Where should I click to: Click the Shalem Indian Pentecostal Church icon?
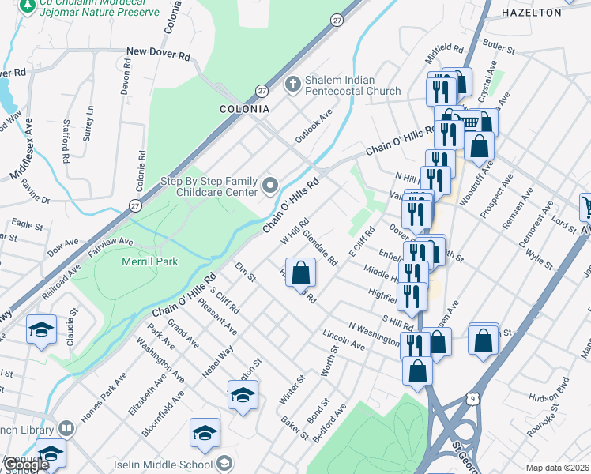[292, 83]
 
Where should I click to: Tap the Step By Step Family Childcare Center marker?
[271, 186]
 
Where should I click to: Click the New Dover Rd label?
[159, 57]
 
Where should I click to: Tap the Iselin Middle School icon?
[224, 464]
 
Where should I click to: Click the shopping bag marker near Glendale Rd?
[299, 273]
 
